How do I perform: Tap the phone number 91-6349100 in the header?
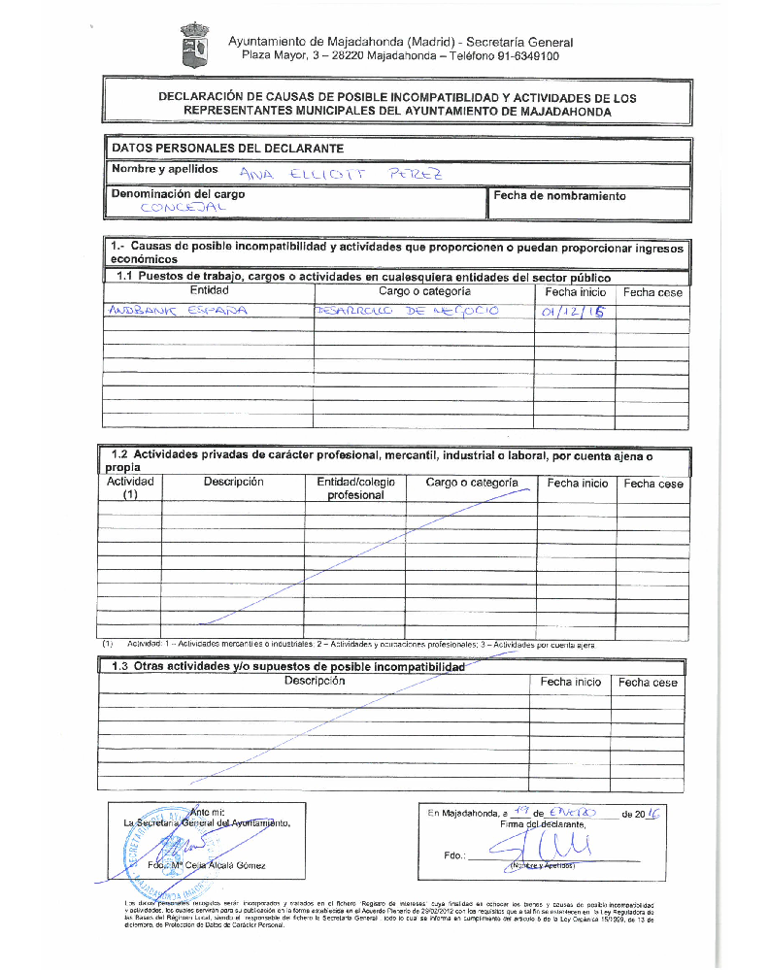(x=524, y=56)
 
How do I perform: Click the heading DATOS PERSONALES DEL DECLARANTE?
(x=227, y=149)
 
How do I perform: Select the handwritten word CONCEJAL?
(x=183, y=208)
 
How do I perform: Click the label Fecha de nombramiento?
(x=559, y=195)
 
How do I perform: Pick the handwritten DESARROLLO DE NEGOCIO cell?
(x=406, y=311)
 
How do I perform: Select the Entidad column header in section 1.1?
(x=209, y=290)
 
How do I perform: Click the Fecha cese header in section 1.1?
(x=652, y=291)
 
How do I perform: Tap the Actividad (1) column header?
(x=130, y=488)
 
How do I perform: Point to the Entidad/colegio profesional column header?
(x=355, y=488)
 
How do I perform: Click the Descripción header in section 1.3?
(x=315, y=682)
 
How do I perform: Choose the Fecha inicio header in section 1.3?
(x=571, y=683)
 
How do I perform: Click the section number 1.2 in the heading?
(x=120, y=454)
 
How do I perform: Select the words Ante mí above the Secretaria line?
(x=209, y=812)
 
